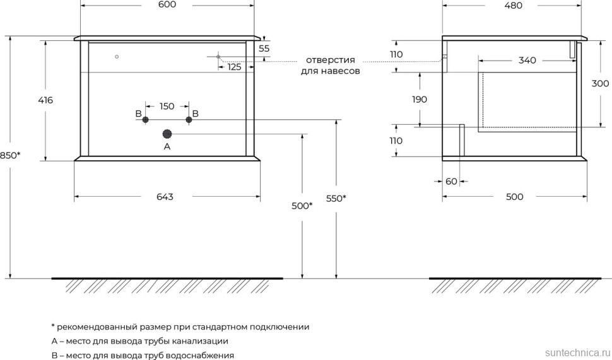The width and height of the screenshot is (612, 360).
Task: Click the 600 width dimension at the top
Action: tap(167, 5)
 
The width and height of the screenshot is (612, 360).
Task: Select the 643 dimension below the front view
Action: tap(165, 197)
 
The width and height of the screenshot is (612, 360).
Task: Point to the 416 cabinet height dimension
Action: tap(45, 100)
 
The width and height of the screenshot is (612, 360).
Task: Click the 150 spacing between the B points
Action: tap(167, 106)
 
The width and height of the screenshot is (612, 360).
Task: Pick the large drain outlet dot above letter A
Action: tap(167, 134)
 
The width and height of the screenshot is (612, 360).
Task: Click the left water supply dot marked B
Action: tap(146, 119)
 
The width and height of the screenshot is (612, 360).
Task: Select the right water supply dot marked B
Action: tap(188, 119)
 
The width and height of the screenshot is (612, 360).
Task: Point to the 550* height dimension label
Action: tap(336, 198)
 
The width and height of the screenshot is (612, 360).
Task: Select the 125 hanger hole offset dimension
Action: tap(234, 67)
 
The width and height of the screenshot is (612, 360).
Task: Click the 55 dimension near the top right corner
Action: tap(264, 49)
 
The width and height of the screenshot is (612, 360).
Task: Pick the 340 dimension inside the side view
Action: tap(527, 61)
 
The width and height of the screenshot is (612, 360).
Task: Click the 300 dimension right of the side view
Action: tap(600, 84)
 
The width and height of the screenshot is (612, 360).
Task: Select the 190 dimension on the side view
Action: tap(419, 99)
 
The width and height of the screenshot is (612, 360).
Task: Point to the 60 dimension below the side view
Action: tap(451, 182)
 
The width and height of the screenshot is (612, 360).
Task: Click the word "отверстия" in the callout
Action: tap(329, 60)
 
